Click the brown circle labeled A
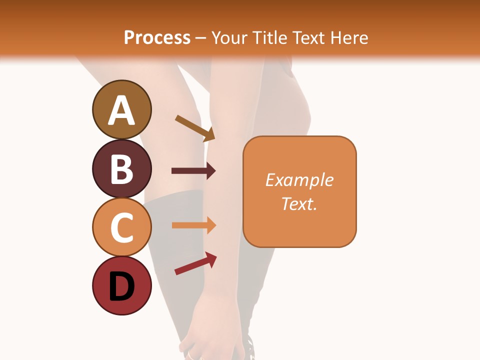point(121,109)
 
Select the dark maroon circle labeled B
point(121,168)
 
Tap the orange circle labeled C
point(121,227)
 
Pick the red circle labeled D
point(121,286)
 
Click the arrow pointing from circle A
point(195,128)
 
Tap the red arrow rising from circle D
point(195,263)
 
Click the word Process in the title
point(157,37)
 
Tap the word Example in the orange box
point(299,180)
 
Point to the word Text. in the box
point(299,203)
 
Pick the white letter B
point(121,169)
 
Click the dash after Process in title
point(201,38)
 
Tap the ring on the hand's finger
point(192,355)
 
